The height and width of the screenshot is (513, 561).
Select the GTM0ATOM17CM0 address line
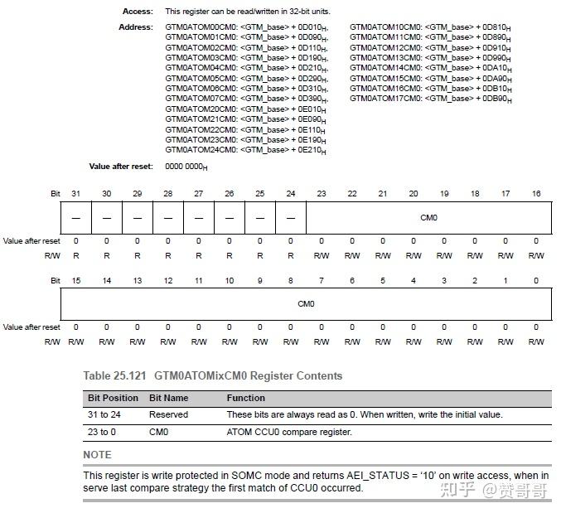coord(430,99)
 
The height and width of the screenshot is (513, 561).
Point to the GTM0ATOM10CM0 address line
coord(430,27)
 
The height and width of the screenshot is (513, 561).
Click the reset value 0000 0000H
coord(186,167)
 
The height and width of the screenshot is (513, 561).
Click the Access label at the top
coord(138,12)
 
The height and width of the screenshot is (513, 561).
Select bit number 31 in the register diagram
coord(75,193)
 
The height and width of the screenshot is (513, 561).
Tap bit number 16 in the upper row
coord(536,193)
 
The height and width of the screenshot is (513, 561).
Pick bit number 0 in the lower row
coord(536,281)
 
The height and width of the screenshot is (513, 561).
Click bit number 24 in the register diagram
coord(290,193)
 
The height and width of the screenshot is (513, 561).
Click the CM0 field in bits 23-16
coord(428,218)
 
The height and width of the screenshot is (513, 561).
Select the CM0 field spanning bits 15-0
coord(306,304)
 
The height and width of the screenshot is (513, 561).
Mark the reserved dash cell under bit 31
coord(75,218)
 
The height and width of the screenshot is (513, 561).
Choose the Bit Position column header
coord(113,398)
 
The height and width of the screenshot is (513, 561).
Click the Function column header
coord(246,398)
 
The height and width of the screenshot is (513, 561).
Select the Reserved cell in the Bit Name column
coord(168,414)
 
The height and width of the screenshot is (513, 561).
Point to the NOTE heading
coord(97,454)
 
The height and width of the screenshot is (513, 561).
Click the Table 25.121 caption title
coord(212,375)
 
